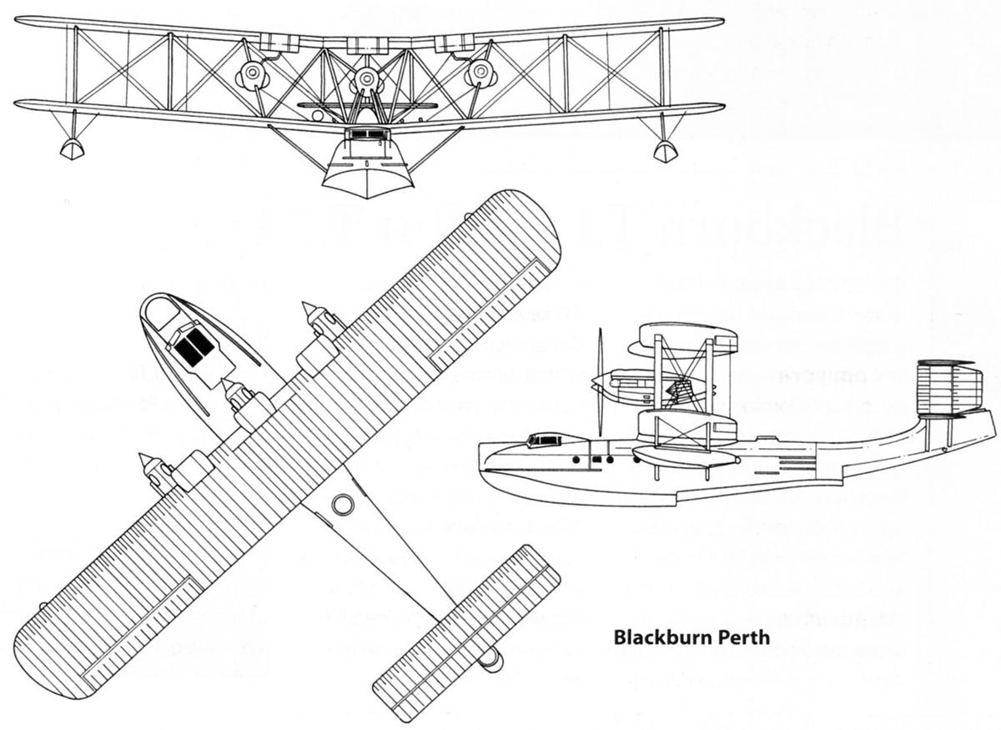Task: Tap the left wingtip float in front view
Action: tap(73, 149)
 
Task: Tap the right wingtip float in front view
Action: tap(665, 150)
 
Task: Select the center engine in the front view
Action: tap(365, 81)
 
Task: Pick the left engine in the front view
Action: tap(251, 77)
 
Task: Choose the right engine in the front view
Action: tap(481, 73)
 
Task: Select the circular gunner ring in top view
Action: tap(342, 504)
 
